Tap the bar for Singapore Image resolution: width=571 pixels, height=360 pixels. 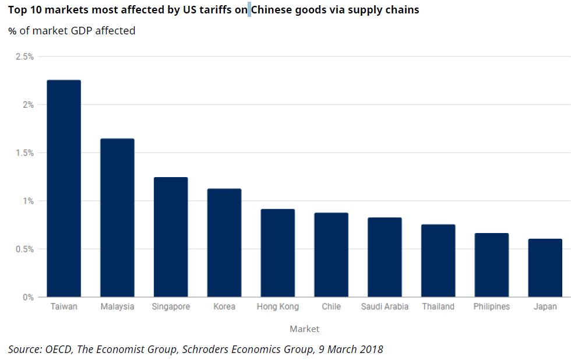(x=171, y=237)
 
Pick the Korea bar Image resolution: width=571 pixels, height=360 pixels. (x=224, y=243)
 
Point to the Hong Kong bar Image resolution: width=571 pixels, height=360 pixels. (x=277, y=253)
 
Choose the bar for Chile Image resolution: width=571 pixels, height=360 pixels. (x=331, y=255)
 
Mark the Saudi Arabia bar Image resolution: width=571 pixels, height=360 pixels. (x=385, y=257)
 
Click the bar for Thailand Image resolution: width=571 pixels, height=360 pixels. (x=438, y=260)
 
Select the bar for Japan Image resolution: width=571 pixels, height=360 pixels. (x=545, y=268)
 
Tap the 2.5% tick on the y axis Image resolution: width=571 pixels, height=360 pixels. (x=24, y=57)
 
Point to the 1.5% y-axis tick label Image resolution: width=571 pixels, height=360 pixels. (x=24, y=153)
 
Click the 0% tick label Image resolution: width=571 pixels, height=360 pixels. (x=28, y=297)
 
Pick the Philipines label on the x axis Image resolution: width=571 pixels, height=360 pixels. (x=491, y=306)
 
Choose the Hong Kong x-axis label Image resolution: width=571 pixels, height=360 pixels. (x=277, y=306)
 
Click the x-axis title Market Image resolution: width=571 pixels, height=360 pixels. (x=304, y=329)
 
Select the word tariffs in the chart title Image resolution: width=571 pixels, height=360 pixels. (x=214, y=10)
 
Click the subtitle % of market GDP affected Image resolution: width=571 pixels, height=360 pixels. (x=72, y=30)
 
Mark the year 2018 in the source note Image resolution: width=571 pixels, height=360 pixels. (x=371, y=349)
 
